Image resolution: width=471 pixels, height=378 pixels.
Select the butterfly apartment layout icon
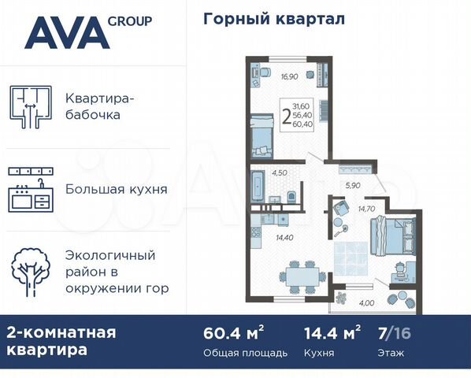click(31, 106)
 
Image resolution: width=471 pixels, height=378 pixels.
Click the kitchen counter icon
click(31, 190)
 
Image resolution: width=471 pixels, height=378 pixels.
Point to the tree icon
click(31, 272)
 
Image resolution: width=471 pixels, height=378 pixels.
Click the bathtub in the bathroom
click(260, 190)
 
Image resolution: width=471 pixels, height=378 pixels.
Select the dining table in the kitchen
click(302, 276)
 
